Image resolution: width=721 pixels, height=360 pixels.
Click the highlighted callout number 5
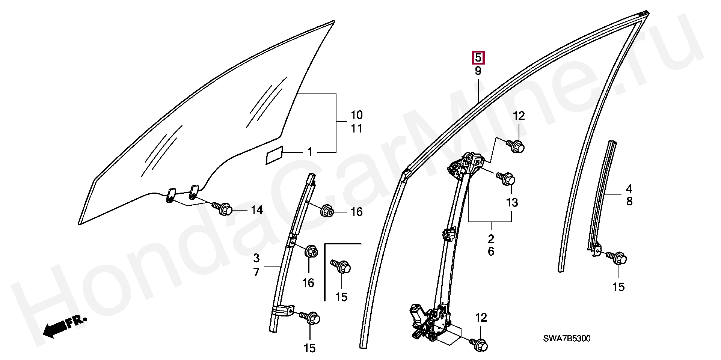tap(478, 57)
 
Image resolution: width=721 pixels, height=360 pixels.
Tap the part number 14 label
tap(257, 210)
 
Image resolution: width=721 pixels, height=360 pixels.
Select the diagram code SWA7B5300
tap(567, 339)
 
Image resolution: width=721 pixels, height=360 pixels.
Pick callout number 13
tap(512, 203)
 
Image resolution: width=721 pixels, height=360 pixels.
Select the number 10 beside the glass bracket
tap(356, 115)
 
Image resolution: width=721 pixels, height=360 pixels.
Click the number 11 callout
tap(356, 129)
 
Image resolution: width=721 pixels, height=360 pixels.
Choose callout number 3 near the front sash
tap(256, 258)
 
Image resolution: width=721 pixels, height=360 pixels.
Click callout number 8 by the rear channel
tap(629, 202)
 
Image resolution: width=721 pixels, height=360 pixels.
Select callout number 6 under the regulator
tap(491, 252)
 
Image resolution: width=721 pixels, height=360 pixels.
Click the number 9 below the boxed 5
tap(478, 71)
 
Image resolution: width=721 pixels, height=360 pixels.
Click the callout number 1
tap(310, 152)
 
